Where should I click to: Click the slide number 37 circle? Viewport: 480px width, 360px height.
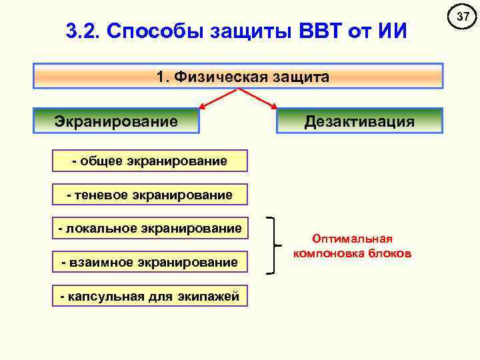point(460,15)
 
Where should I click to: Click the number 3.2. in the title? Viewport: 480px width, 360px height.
point(83,31)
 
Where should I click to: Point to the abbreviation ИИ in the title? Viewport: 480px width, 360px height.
point(389,31)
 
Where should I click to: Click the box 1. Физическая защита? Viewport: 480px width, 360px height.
point(238,77)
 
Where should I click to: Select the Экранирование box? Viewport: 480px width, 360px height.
point(117,121)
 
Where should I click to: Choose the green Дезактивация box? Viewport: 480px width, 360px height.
point(359,121)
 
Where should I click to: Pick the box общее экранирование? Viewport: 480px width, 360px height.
point(150,161)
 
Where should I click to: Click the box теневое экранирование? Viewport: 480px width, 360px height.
point(150,195)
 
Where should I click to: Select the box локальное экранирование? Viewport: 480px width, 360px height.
point(150,229)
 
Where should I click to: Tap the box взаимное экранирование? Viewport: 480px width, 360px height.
point(150,263)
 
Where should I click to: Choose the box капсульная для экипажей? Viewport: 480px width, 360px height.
point(150,297)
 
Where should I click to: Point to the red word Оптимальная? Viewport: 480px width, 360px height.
point(353,239)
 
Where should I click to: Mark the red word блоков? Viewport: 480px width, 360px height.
point(393,254)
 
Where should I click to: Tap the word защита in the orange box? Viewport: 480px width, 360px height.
point(299,77)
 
